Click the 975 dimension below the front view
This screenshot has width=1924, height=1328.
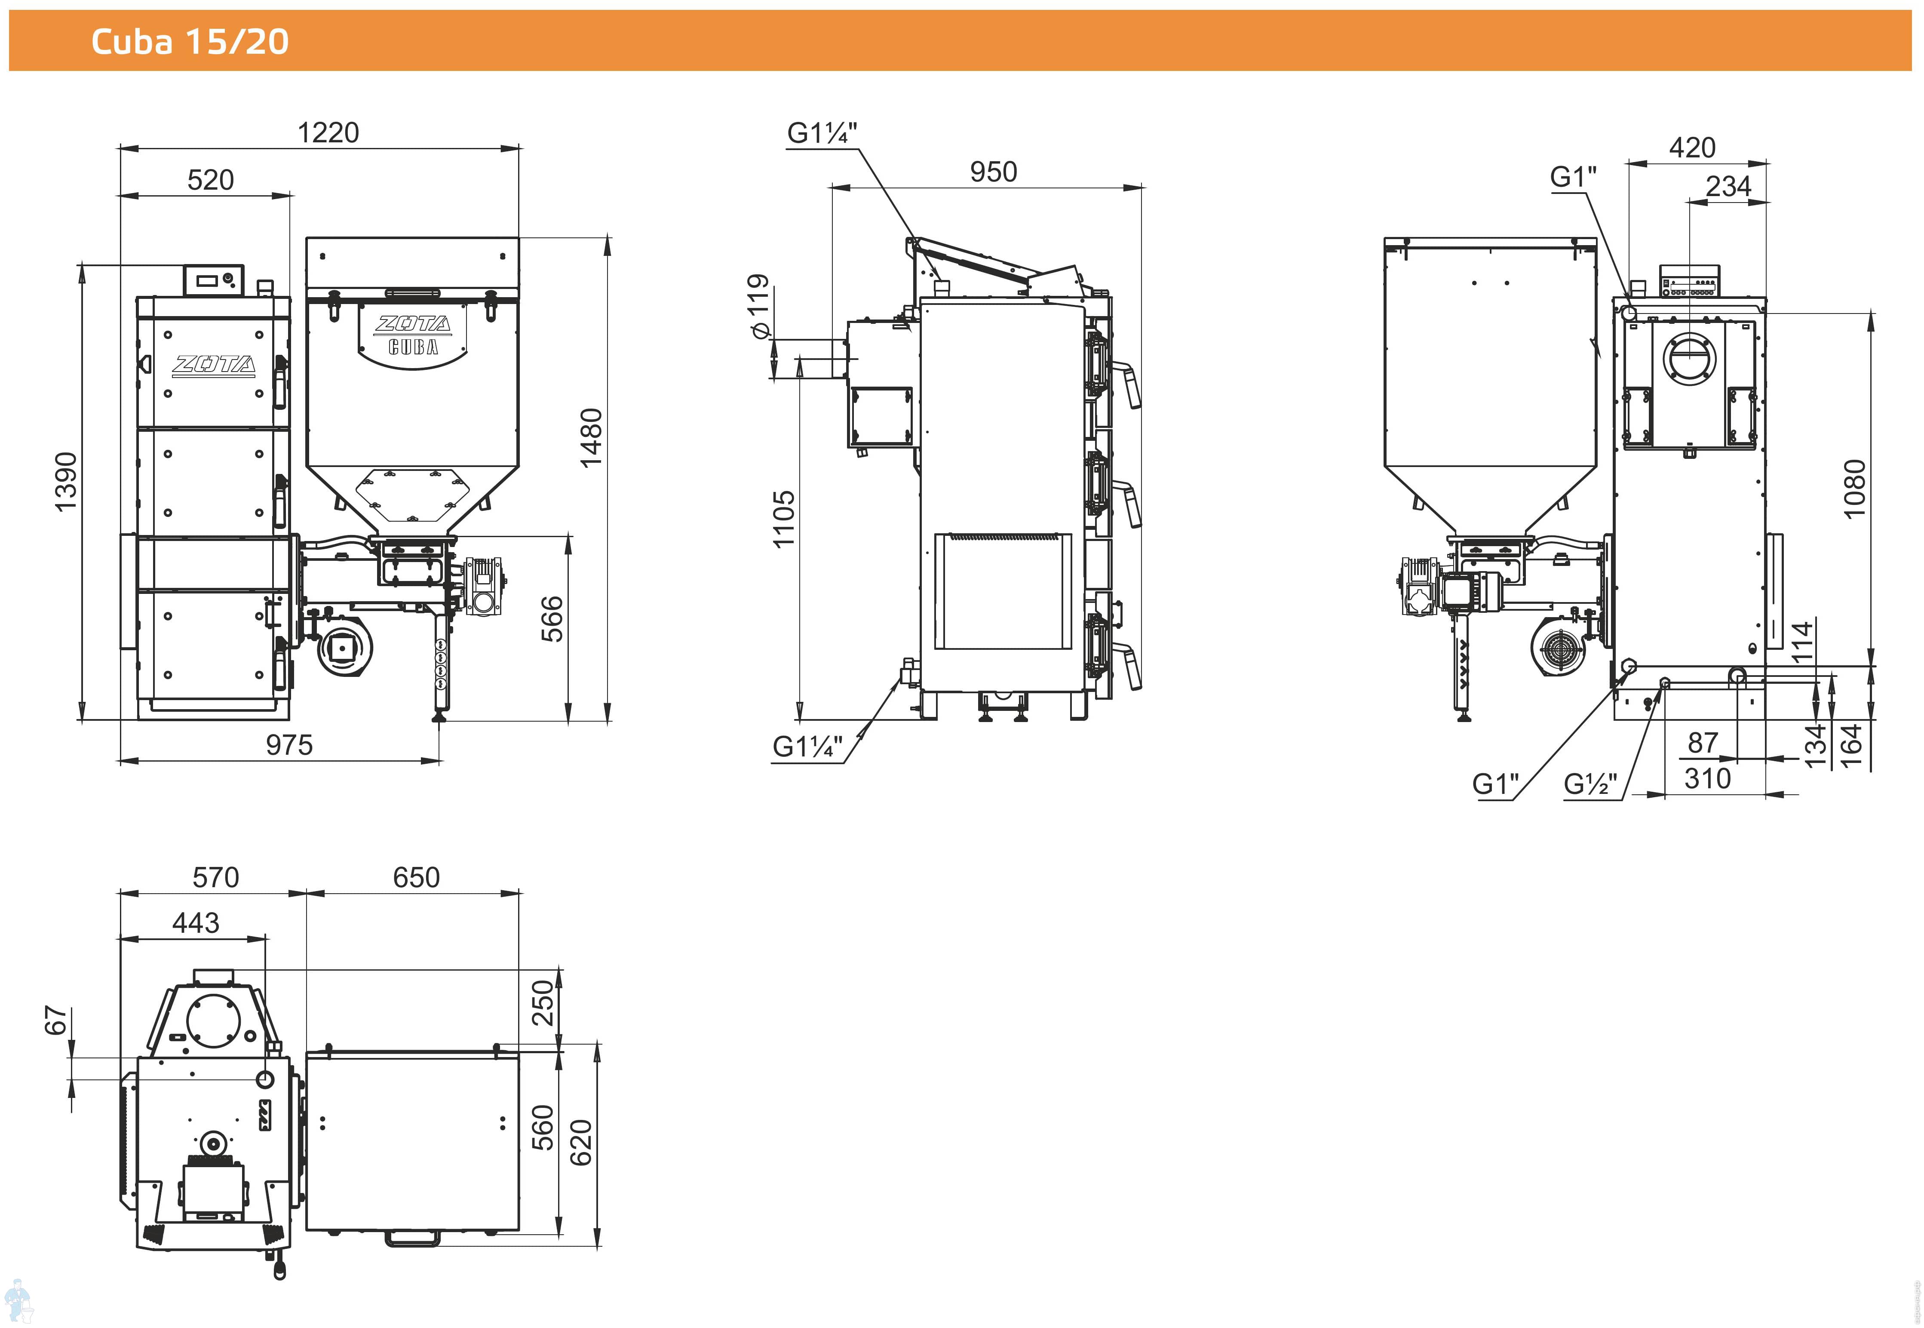(x=289, y=745)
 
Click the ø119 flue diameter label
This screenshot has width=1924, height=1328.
(x=758, y=306)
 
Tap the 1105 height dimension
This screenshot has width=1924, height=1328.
(x=784, y=518)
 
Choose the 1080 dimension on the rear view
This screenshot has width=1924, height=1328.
(x=1855, y=489)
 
